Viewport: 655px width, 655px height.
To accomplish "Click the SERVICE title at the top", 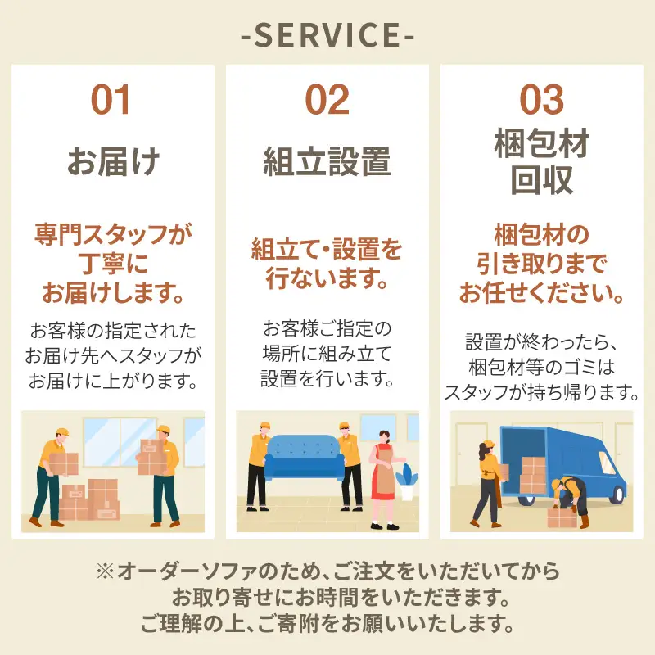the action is point(327,34).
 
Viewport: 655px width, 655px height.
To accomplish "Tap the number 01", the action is point(111,99).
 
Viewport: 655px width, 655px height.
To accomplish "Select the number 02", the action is point(327,99).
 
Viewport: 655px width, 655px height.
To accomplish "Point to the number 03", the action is point(542,99).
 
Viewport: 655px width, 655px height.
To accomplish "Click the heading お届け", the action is point(113,161).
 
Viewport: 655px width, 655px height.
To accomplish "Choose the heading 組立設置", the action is point(327,161).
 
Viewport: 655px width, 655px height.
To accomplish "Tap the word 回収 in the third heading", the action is point(542,179).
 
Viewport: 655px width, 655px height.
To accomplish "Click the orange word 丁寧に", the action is point(113,264).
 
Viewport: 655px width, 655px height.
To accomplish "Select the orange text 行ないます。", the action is point(327,278).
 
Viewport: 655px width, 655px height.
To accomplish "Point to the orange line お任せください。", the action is point(542,293).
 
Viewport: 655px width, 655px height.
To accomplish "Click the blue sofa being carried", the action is point(304,457).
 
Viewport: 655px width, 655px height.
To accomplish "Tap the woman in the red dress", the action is point(384,480).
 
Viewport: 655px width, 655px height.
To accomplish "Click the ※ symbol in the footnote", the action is point(105,571).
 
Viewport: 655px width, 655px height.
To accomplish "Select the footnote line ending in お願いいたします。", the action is point(327,624).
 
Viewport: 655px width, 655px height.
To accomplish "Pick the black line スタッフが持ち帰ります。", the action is point(542,393).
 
